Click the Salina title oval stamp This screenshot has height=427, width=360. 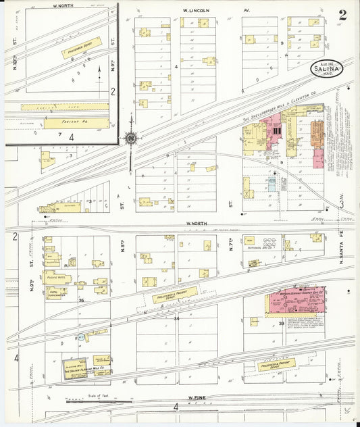tap(327, 68)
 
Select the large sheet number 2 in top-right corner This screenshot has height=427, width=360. tap(342, 16)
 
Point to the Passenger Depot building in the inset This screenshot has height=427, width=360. tap(81, 47)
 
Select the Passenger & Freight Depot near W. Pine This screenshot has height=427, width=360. tap(276, 365)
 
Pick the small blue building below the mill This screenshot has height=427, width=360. tap(272, 184)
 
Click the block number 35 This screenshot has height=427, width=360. tap(82, 300)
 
